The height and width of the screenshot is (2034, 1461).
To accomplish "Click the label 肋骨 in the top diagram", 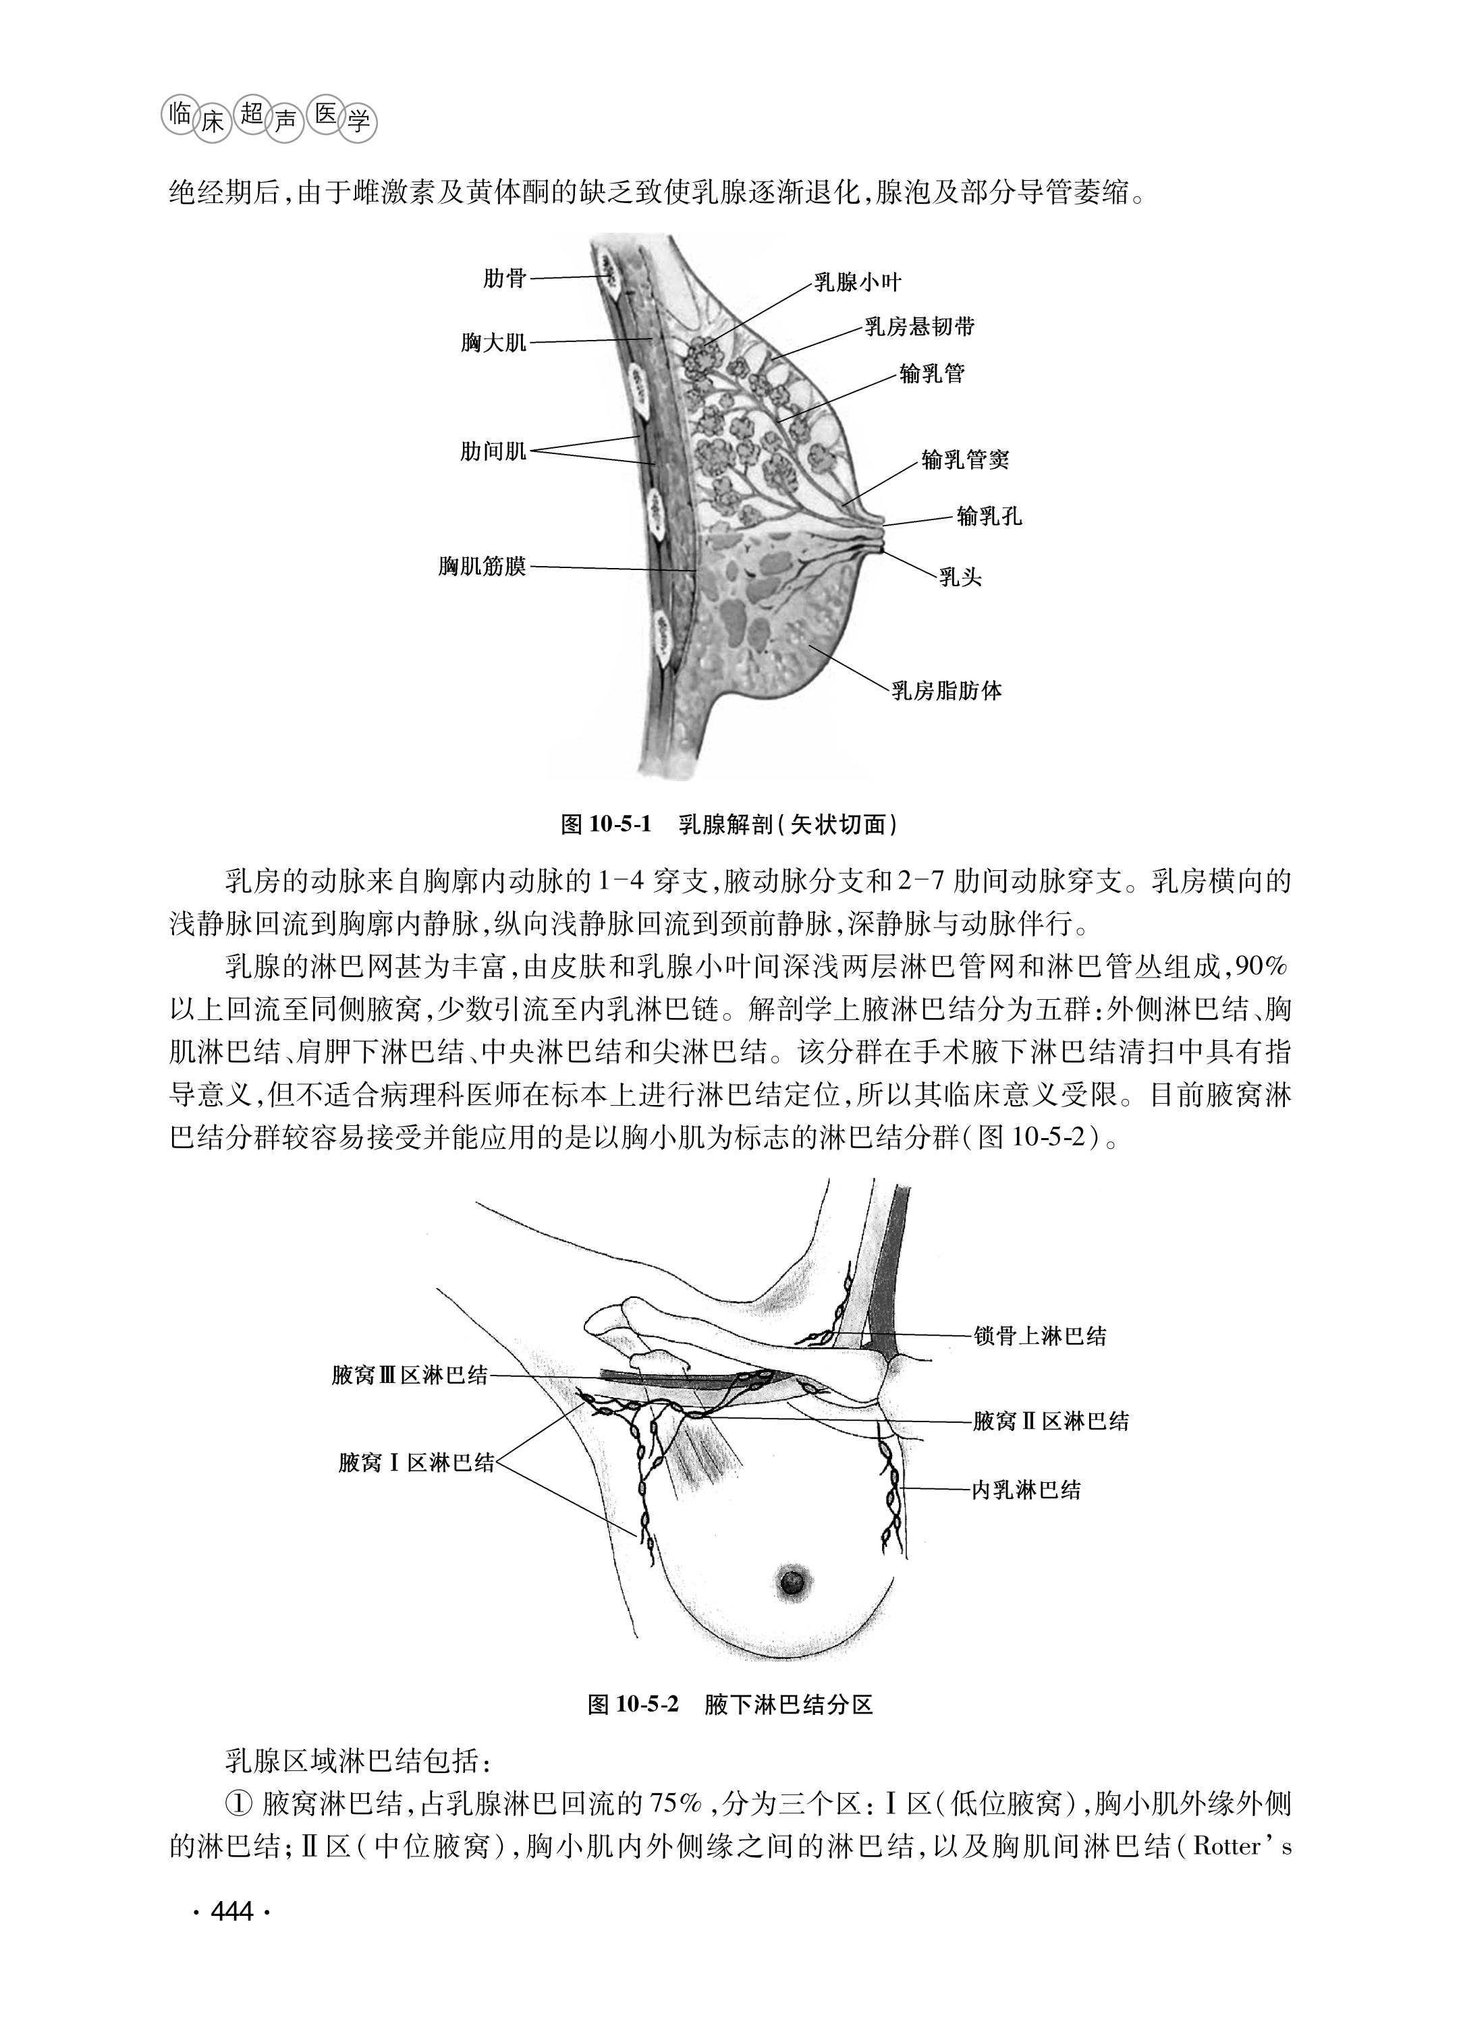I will (x=504, y=279).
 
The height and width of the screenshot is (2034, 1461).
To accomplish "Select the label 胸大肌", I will (x=493, y=343).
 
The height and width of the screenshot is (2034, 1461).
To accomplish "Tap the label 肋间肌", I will (x=493, y=451).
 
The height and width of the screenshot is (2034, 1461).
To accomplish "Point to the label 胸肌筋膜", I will (x=483, y=567).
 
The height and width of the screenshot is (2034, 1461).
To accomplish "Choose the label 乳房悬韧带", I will (x=919, y=327).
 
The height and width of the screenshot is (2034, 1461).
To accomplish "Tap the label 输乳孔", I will (x=989, y=517).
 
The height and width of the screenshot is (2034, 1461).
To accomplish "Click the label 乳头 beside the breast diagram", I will (x=960, y=577).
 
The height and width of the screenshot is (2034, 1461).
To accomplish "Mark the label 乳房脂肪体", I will (x=946, y=691).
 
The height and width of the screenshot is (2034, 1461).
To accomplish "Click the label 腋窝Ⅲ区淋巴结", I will (x=410, y=1374).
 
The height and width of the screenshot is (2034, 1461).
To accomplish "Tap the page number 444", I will (x=231, y=1912).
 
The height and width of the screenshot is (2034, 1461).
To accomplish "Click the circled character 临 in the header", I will (x=180, y=113).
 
